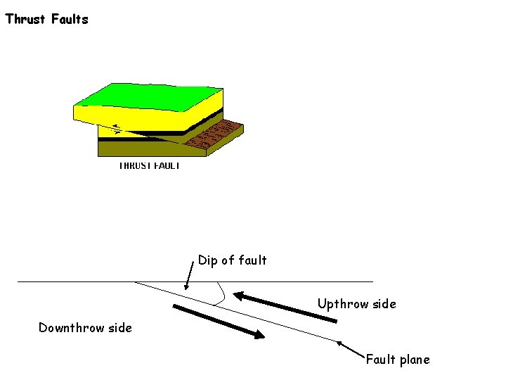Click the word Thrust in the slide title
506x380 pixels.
click(x=26, y=19)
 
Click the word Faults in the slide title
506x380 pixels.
click(x=70, y=19)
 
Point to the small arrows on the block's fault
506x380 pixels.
click(x=115, y=129)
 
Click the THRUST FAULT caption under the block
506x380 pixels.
click(x=149, y=165)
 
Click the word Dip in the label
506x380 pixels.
click(x=207, y=260)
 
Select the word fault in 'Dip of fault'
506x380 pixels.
click(x=252, y=260)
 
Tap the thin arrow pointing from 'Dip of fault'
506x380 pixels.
click(x=190, y=275)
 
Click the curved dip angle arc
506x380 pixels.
click(x=222, y=294)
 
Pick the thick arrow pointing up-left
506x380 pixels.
click(x=285, y=306)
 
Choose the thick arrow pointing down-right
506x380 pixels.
click(x=219, y=322)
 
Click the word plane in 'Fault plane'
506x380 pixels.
click(x=414, y=360)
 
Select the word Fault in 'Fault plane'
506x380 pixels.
click(x=380, y=360)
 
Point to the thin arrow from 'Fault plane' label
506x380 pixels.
click(x=351, y=350)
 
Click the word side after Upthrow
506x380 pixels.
click(x=383, y=304)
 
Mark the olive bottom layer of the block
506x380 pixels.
click(x=141, y=148)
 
